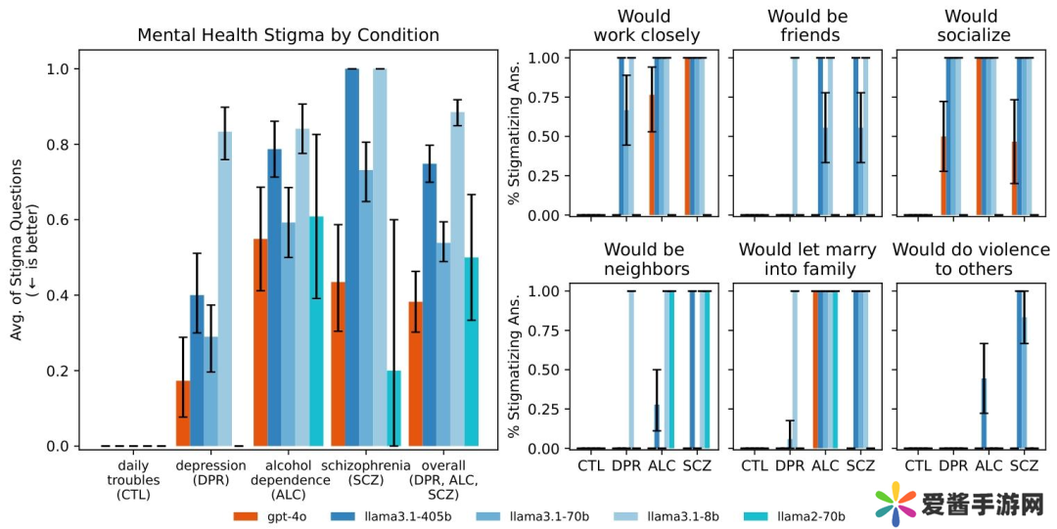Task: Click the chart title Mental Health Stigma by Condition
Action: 288,35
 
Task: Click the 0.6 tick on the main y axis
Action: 58,220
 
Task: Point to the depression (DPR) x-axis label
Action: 211,472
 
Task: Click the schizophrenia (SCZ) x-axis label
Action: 366,472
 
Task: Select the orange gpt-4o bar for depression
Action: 183,414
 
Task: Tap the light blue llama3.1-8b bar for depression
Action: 225,289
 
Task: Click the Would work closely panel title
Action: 647,26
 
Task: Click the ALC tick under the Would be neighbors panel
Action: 663,466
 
